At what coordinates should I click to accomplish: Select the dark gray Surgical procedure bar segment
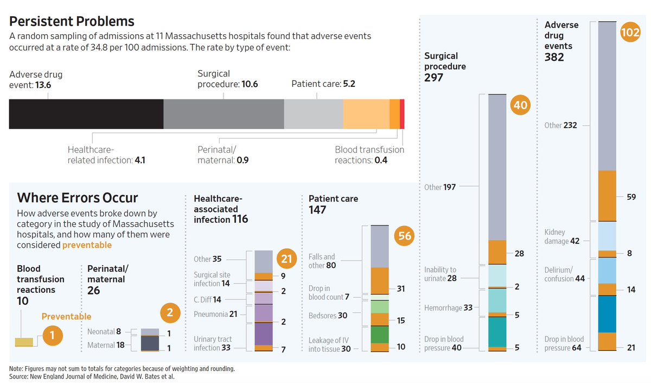(x=224, y=114)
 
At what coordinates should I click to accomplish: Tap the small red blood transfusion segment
(x=402, y=114)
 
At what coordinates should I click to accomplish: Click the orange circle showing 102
(x=630, y=33)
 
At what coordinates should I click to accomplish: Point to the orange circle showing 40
(x=520, y=105)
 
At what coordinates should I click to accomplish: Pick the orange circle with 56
(x=405, y=236)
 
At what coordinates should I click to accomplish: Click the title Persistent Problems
(x=72, y=22)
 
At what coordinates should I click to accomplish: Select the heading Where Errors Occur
(x=78, y=198)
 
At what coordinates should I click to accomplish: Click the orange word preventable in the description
(x=87, y=245)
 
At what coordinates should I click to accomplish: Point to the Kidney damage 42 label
(x=562, y=237)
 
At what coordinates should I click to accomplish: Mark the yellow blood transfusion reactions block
(x=24, y=342)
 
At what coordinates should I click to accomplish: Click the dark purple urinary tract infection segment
(x=264, y=334)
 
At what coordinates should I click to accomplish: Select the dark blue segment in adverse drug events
(x=607, y=313)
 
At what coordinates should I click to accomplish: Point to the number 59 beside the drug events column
(x=631, y=197)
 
